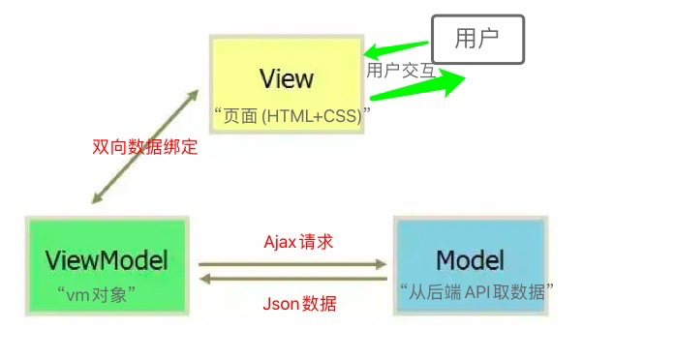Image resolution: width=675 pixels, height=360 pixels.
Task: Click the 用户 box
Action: [x=476, y=40]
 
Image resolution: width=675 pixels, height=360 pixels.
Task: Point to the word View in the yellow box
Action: [x=287, y=77]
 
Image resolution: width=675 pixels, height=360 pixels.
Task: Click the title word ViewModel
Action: [x=107, y=259]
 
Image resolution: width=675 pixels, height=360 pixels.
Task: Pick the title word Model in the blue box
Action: [x=471, y=259]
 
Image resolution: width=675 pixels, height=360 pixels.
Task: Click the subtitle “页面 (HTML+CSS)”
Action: [x=292, y=115]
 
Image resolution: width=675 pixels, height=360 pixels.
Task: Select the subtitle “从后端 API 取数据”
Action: [x=476, y=289]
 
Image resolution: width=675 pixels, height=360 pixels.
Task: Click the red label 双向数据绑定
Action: [x=144, y=148]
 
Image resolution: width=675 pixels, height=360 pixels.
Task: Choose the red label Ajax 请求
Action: [x=298, y=242]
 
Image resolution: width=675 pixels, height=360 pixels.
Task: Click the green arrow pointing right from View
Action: [x=416, y=85]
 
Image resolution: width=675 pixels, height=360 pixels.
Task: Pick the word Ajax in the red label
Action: [x=282, y=242]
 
